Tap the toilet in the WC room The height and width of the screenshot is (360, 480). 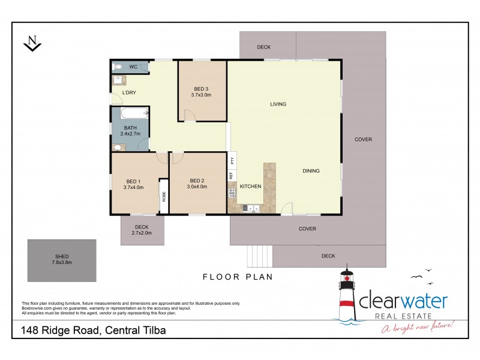119,67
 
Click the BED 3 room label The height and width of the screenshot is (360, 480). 202,88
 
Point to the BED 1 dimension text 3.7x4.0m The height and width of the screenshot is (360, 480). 133,187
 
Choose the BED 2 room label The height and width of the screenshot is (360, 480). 198,181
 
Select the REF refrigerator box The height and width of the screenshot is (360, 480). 231,176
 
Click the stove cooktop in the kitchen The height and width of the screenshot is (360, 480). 232,193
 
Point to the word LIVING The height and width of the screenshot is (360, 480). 278,104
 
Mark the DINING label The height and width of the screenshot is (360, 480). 311,171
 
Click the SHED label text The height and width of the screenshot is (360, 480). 61,257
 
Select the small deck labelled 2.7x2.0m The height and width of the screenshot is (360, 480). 142,230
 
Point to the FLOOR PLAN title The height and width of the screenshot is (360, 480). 238,277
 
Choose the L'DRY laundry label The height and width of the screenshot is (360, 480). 130,93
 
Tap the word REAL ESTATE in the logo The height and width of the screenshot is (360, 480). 403,316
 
